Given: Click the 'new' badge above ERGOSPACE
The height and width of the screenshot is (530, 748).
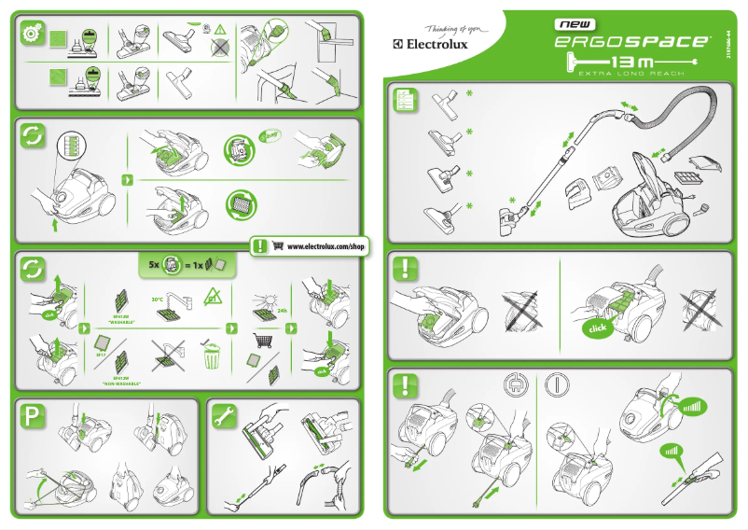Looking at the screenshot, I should point(578,23).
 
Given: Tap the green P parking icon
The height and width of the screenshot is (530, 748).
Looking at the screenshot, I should point(31,419).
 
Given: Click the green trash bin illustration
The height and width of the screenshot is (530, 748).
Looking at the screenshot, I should point(215,356).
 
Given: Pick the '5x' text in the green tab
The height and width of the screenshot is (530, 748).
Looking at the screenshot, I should point(154,265).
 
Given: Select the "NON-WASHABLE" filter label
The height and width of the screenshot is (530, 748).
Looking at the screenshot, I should point(121,383).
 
